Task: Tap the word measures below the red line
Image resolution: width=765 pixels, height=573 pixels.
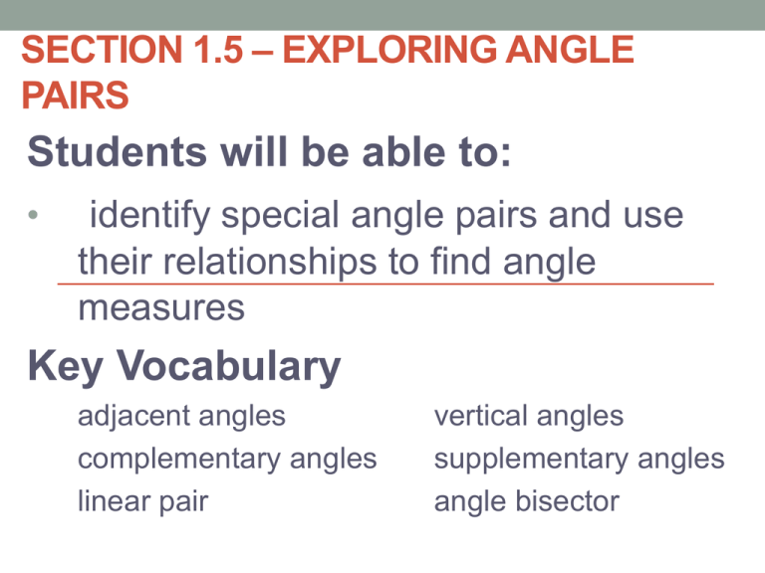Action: tap(160, 308)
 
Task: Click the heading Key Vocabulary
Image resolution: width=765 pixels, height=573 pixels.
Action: tap(185, 368)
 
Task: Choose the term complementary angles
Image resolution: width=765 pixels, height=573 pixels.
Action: tap(227, 460)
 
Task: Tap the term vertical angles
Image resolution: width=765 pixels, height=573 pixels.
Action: tap(528, 416)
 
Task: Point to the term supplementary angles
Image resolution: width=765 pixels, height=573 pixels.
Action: tap(579, 460)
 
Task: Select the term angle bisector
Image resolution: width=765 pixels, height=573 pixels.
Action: tap(526, 502)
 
